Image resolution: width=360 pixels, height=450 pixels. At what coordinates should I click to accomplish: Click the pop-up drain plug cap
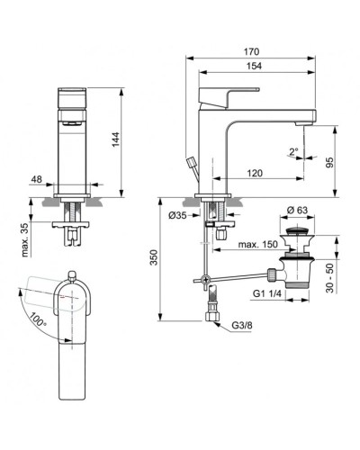point(298,237)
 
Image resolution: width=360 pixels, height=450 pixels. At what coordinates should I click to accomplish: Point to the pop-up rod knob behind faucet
point(191,162)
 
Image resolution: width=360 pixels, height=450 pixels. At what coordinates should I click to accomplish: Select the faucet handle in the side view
point(238,91)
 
